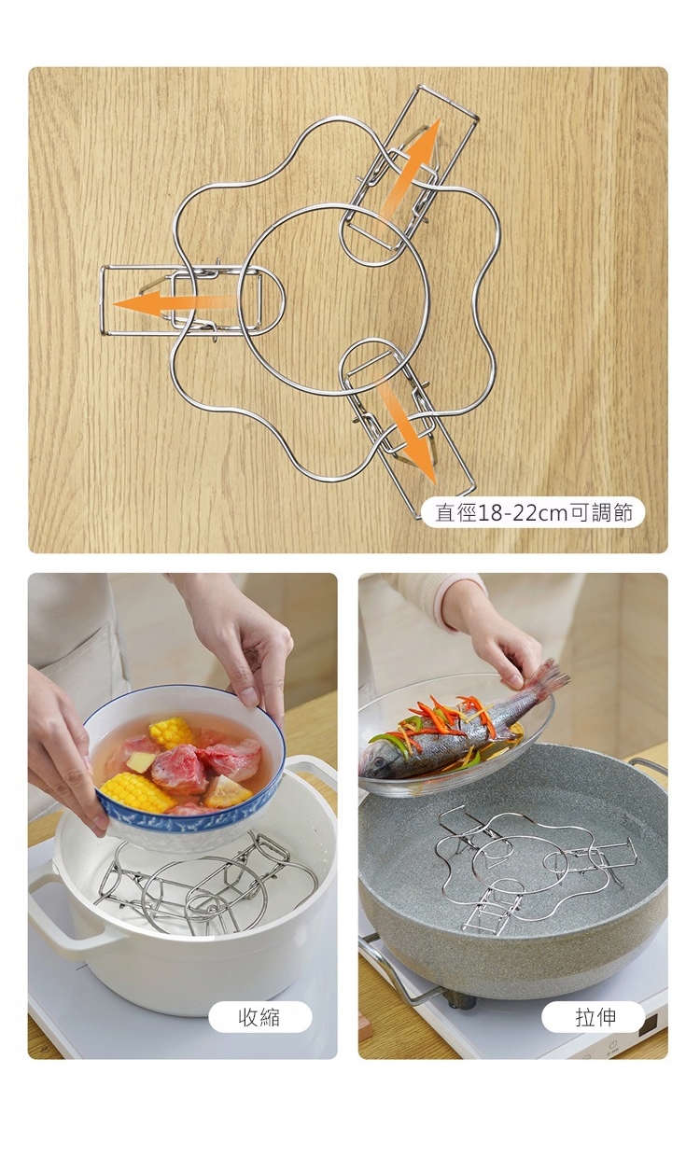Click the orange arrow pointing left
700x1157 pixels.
tap(173, 302)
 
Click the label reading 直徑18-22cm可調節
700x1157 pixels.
tap(533, 513)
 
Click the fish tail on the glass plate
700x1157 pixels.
tap(550, 676)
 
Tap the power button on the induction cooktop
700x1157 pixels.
tap(612, 1040)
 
